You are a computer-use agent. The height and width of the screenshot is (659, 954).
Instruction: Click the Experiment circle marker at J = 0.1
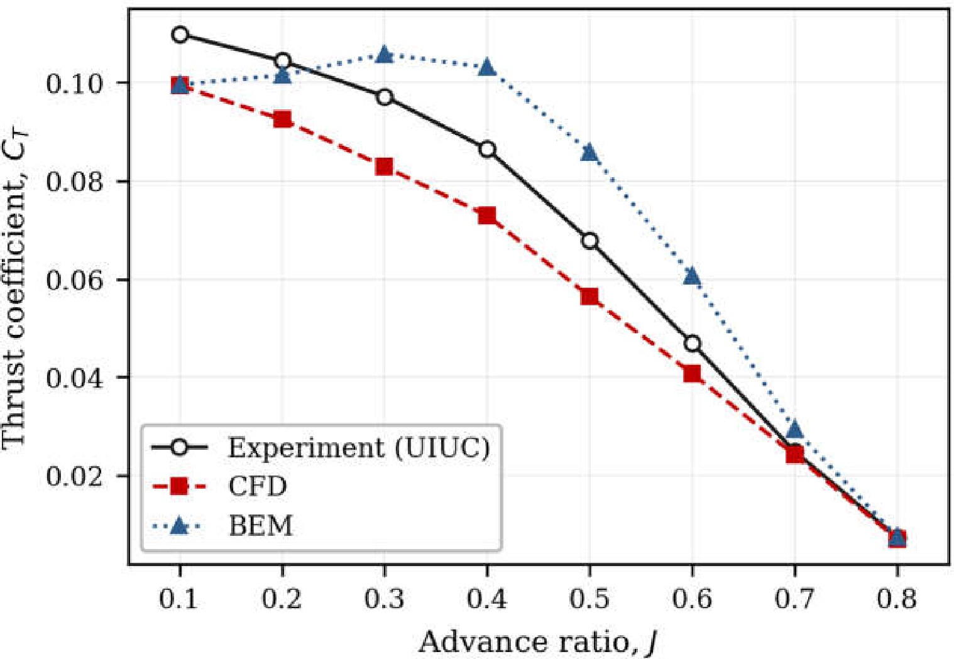[180, 35]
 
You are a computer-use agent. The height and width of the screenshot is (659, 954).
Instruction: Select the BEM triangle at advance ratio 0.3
[384, 55]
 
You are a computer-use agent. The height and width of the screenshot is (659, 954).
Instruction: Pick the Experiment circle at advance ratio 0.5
[590, 241]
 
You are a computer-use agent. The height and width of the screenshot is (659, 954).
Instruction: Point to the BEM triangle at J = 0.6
[692, 276]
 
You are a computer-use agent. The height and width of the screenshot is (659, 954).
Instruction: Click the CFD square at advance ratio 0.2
[282, 119]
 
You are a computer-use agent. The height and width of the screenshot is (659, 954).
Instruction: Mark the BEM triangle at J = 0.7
[795, 430]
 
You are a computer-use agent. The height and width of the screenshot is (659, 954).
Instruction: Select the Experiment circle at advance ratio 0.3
[384, 97]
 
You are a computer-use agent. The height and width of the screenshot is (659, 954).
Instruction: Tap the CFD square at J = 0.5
[590, 297]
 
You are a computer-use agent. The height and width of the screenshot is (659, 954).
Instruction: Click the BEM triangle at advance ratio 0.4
[487, 67]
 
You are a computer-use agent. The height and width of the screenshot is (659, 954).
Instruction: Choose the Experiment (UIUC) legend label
[359, 448]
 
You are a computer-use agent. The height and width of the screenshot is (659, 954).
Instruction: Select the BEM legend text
[261, 526]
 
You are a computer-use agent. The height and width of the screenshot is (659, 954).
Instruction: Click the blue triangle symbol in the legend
[179, 526]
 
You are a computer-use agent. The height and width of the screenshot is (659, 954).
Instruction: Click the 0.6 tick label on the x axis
[692, 599]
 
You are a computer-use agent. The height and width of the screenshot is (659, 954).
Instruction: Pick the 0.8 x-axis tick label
[897, 599]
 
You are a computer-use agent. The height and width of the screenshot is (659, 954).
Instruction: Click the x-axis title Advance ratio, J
[537, 641]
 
